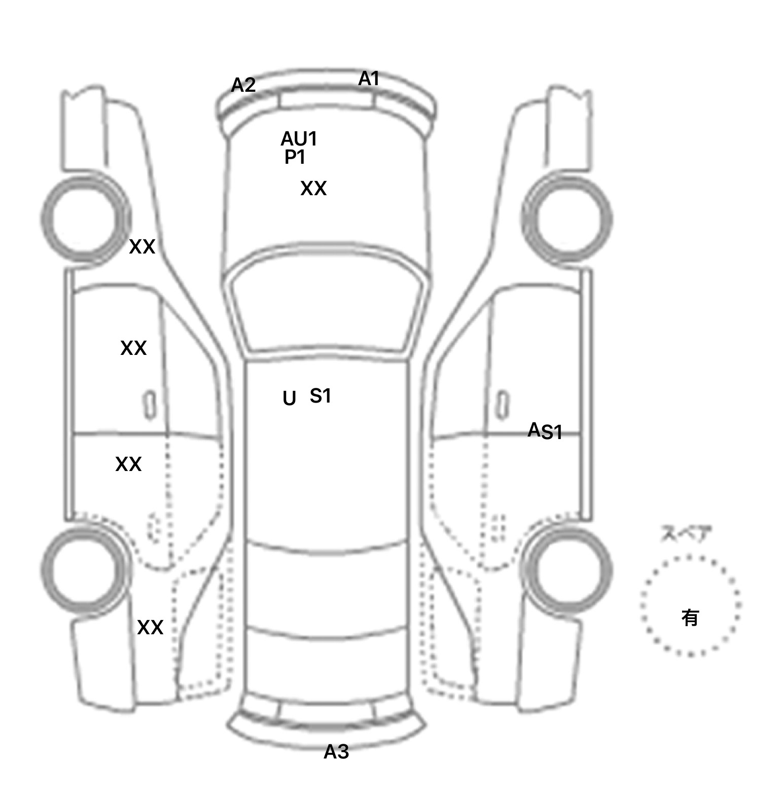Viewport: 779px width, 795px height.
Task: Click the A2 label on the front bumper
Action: pyautogui.click(x=243, y=85)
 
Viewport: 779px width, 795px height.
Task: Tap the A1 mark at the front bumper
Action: pyautogui.click(x=369, y=79)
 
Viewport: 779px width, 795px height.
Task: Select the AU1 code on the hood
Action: pyautogui.click(x=299, y=138)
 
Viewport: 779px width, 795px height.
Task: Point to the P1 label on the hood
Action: pyautogui.click(x=295, y=158)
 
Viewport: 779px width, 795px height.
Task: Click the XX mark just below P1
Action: pyautogui.click(x=313, y=189)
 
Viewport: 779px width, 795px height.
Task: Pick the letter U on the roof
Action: pyautogui.click(x=289, y=399)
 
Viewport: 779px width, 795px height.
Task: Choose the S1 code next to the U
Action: pyautogui.click(x=321, y=396)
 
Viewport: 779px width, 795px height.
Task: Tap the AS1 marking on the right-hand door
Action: pyautogui.click(x=545, y=431)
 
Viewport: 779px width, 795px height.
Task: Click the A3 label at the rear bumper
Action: pyautogui.click(x=336, y=752)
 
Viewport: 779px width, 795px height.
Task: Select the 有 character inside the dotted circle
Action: pyautogui.click(x=690, y=618)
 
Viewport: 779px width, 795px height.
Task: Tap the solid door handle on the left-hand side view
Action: pyautogui.click(x=150, y=405)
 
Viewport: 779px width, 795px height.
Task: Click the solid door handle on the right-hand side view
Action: pyautogui.click(x=503, y=405)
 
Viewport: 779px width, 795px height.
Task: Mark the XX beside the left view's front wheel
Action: pyautogui.click(x=142, y=247)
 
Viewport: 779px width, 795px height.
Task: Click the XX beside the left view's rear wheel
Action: pyautogui.click(x=150, y=628)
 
